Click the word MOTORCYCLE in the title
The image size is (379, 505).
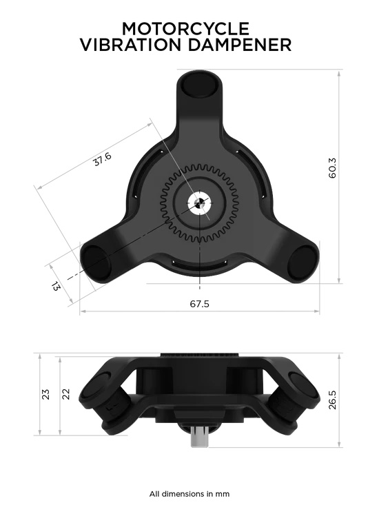pos(185,28)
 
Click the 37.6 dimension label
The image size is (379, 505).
pos(102,160)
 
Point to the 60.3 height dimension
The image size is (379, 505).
pos(333,169)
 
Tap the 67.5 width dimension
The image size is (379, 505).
pos(200,304)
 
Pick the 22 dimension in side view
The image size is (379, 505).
pos(67,394)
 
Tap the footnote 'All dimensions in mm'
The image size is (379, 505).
pos(189,493)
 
